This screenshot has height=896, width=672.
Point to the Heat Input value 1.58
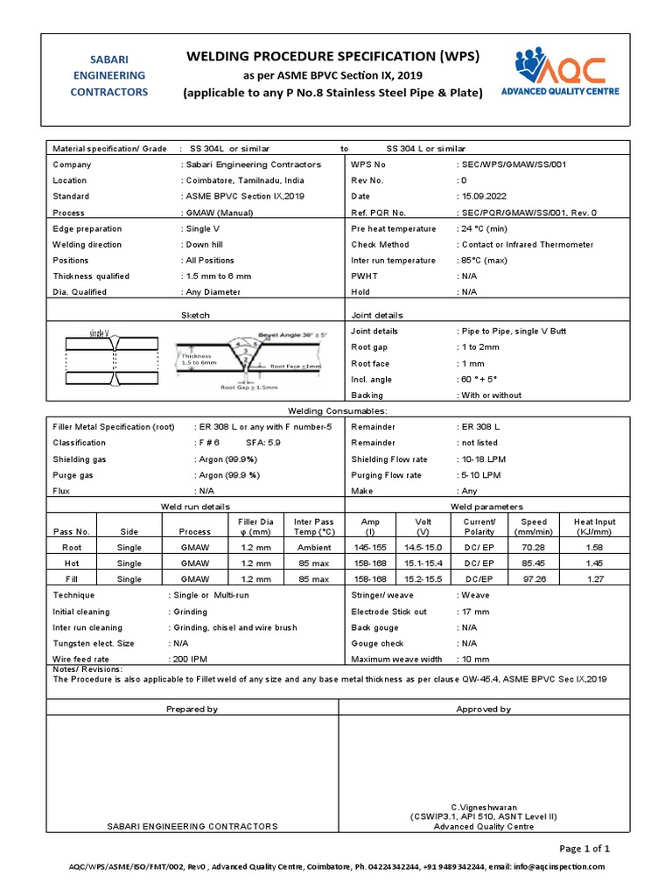click(x=594, y=547)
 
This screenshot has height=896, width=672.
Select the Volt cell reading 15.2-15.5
click(x=423, y=579)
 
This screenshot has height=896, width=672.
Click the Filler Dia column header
click(x=255, y=526)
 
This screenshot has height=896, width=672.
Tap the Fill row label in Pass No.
click(x=72, y=579)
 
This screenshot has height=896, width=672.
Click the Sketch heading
click(x=194, y=315)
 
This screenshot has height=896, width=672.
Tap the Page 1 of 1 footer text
click(x=584, y=848)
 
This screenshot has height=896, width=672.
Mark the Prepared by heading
click(x=192, y=709)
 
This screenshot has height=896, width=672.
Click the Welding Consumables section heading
click(x=337, y=410)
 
